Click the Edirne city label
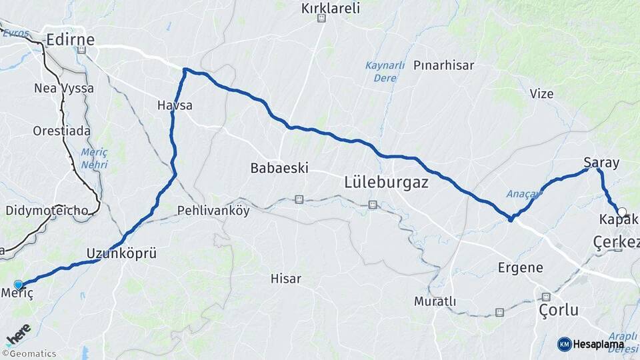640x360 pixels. click(x=70, y=40)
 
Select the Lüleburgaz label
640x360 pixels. click(x=387, y=181)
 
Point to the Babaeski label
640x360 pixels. click(x=279, y=168)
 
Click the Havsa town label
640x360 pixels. click(x=175, y=105)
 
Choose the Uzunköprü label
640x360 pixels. click(x=121, y=253)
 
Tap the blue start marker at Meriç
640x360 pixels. click(x=18, y=285)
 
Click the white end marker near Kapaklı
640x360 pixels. click(x=622, y=212)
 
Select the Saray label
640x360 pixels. click(x=601, y=163)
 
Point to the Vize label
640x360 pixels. click(x=541, y=94)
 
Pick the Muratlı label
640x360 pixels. click(x=435, y=301)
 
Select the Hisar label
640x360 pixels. click(x=286, y=279)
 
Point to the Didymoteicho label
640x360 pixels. click(x=47, y=211)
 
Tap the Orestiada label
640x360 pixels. click(x=57, y=131)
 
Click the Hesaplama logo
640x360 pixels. click(x=591, y=344)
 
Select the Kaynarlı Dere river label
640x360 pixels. click(x=385, y=71)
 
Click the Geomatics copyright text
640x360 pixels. click(x=29, y=353)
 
